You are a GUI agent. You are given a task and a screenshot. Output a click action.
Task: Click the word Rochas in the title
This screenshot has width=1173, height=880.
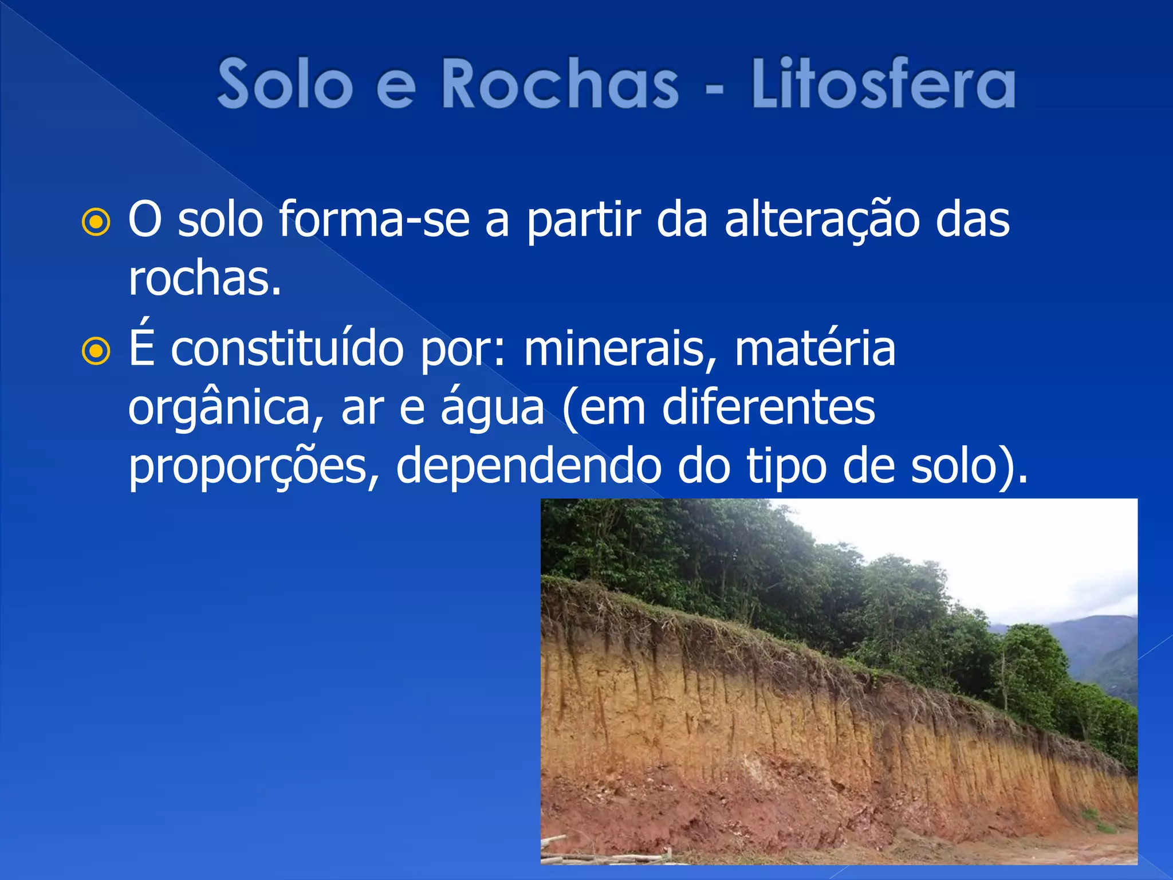560,84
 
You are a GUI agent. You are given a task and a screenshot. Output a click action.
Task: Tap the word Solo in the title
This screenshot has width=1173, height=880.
285,84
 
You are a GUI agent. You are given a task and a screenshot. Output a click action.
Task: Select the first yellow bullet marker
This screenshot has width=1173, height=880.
96,222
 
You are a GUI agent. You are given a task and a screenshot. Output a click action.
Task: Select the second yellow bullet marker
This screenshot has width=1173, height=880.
96,351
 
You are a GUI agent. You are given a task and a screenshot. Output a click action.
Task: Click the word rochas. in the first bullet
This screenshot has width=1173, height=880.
204,280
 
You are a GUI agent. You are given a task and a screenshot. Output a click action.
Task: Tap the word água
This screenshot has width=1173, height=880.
492,408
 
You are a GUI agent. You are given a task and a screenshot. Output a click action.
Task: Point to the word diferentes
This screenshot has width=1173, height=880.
768,408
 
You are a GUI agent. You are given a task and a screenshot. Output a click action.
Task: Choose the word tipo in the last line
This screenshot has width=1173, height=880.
785,466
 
